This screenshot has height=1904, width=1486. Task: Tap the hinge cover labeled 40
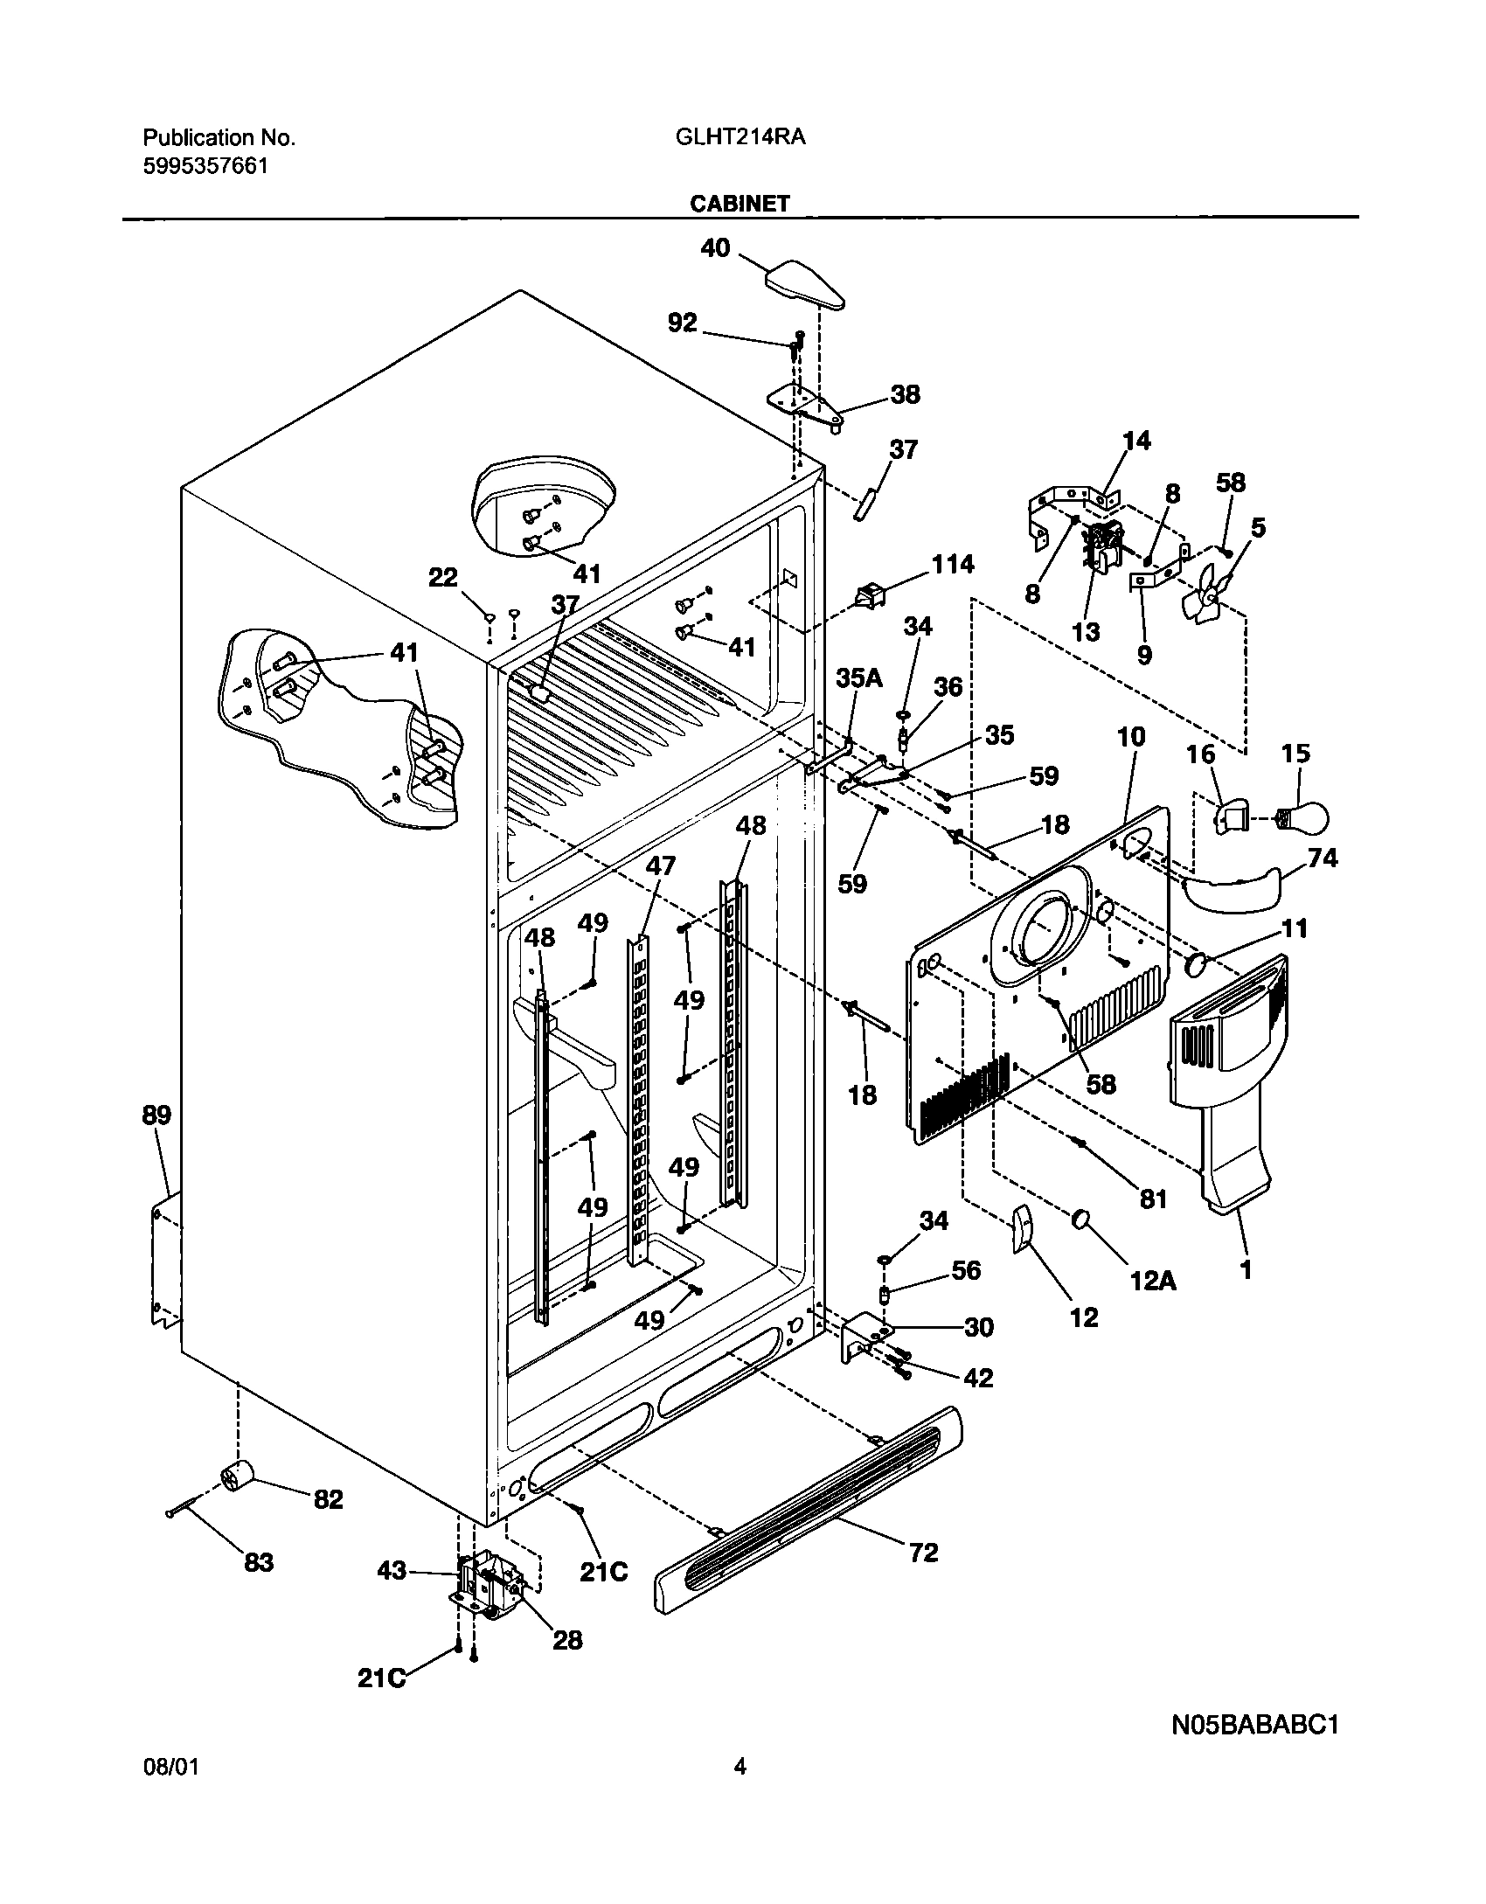coord(806,285)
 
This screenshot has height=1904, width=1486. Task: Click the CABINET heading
coord(740,204)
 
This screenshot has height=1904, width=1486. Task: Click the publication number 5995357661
coord(205,166)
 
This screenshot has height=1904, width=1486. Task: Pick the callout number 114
coord(952,565)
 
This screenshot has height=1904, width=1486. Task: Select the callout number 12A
coord(1153,1281)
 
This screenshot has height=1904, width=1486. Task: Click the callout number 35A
coord(859,678)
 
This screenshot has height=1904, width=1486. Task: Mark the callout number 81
coord(1154,1199)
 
